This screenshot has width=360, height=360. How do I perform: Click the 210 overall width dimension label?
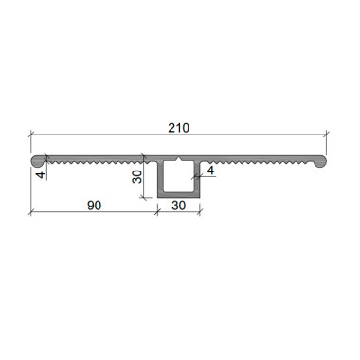coord(178,128)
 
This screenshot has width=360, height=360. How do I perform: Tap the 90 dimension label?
coord(94,206)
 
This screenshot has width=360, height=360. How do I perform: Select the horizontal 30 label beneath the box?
coord(178,206)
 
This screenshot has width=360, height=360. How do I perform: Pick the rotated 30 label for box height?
coord(137,176)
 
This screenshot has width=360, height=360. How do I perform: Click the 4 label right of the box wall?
coord(210,171)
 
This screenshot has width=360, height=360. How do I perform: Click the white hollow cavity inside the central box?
coord(179,176)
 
